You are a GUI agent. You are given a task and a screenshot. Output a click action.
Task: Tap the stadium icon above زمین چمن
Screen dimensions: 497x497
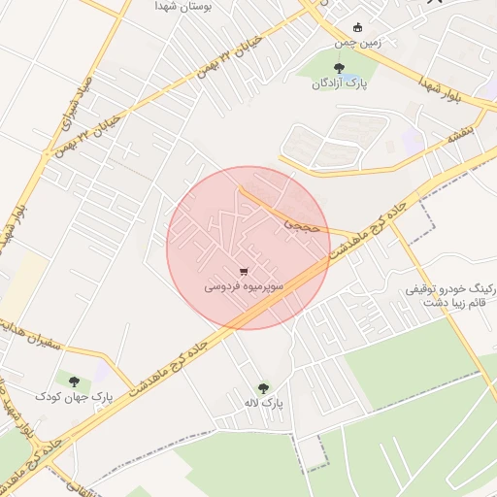[x=358, y=27]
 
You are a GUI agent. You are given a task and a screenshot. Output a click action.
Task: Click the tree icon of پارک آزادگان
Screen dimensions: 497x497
[x=338, y=68]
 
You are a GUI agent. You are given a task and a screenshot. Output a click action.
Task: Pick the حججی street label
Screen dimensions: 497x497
[x=299, y=225]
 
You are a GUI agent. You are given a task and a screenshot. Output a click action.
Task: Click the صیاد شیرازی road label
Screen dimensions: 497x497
[x=73, y=98]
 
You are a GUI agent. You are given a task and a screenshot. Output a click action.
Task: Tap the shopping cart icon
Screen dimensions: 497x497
[x=243, y=272]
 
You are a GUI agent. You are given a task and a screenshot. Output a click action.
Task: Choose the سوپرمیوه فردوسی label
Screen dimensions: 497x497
[x=244, y=287]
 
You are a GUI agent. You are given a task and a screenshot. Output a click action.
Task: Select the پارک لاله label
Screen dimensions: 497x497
[x=265, y=403]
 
